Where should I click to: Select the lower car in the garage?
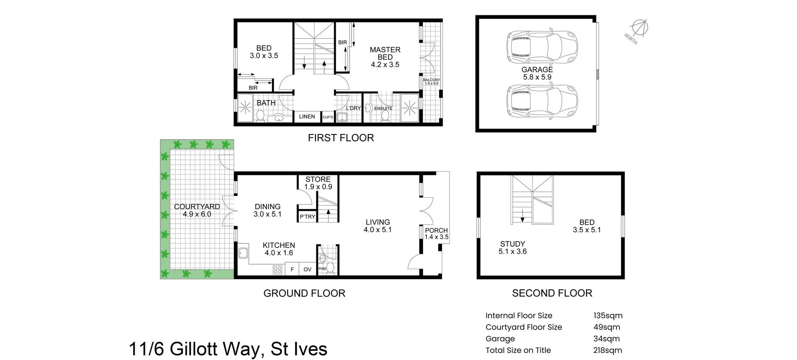pos(541,101)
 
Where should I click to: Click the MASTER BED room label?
pos(385,57)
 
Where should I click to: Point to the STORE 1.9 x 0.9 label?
pos(318,183)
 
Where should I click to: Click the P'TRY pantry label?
pos(308,217)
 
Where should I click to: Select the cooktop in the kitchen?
pos(277,270)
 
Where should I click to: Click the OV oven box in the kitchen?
pos(307,269)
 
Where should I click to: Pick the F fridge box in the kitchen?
pos(292,269)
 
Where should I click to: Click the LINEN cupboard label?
pos(307,117)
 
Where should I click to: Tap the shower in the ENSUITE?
pos(409,108)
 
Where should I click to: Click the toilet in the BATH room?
pos(261,115)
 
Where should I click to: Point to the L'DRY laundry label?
pos(353,108)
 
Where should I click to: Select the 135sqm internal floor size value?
pos(608,316)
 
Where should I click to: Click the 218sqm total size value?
pos(608,350)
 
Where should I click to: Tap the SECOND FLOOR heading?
pos(552,293)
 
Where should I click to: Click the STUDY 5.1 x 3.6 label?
pos(512,247)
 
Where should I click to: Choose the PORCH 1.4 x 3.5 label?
pos(436,234)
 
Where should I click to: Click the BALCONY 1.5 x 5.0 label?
pos(431,81)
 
